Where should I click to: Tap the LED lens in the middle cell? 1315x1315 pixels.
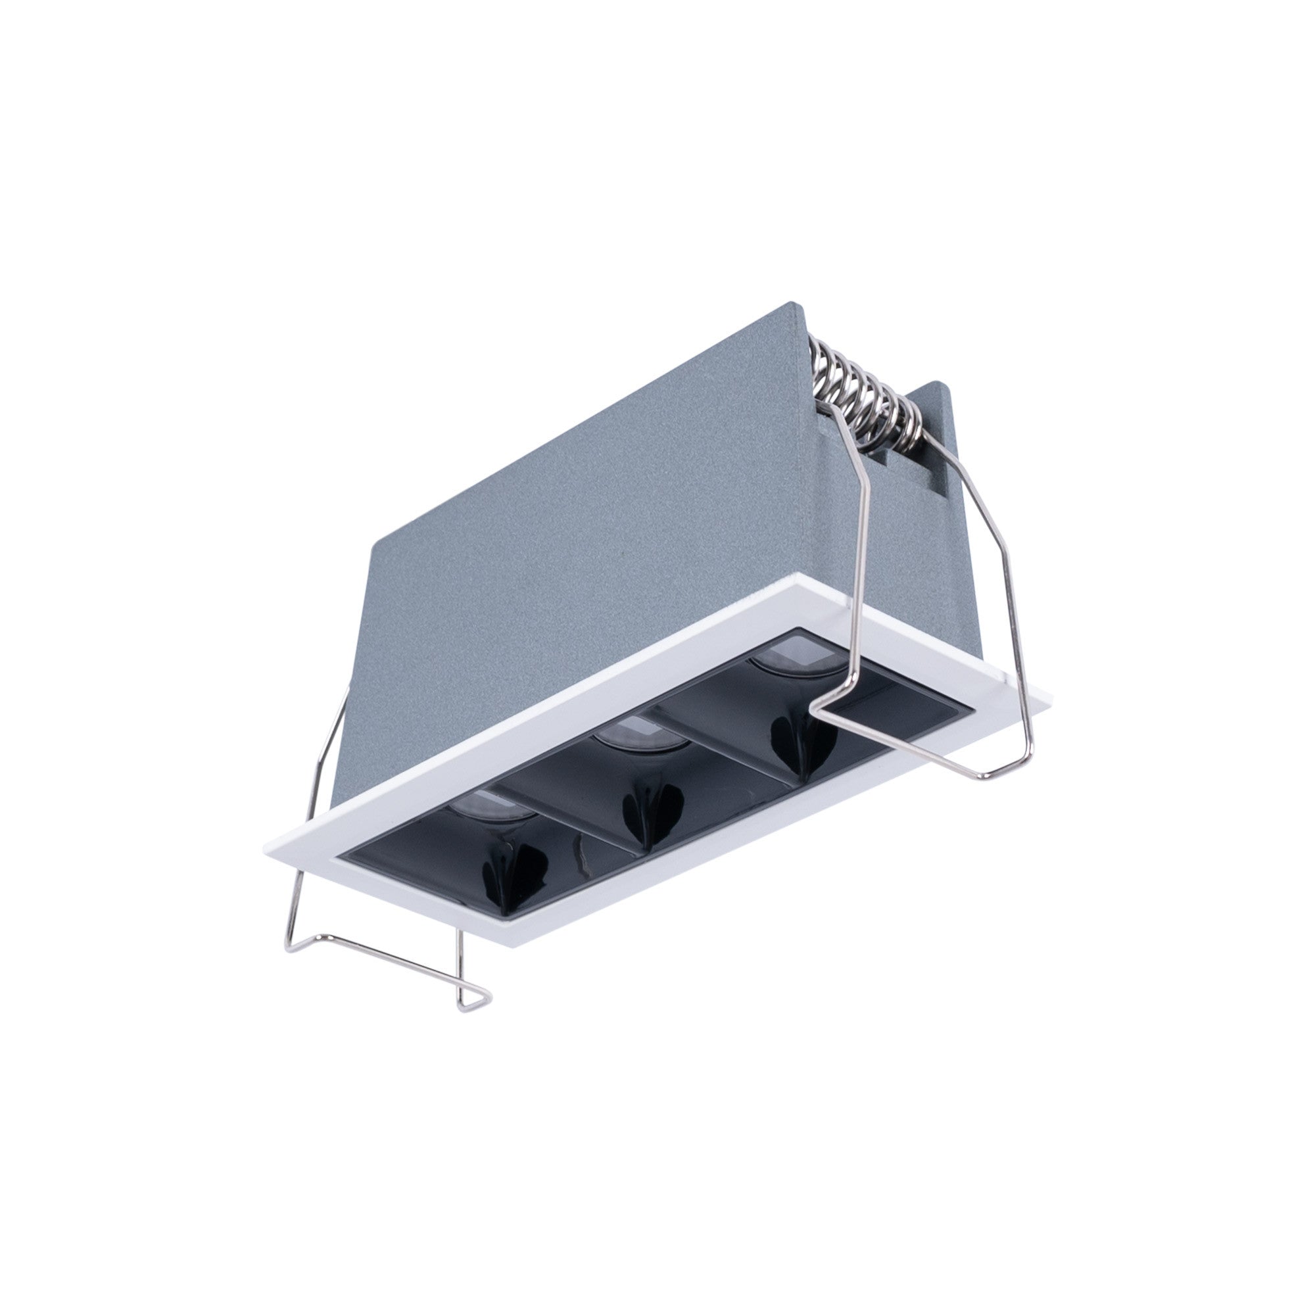[633, 736]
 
